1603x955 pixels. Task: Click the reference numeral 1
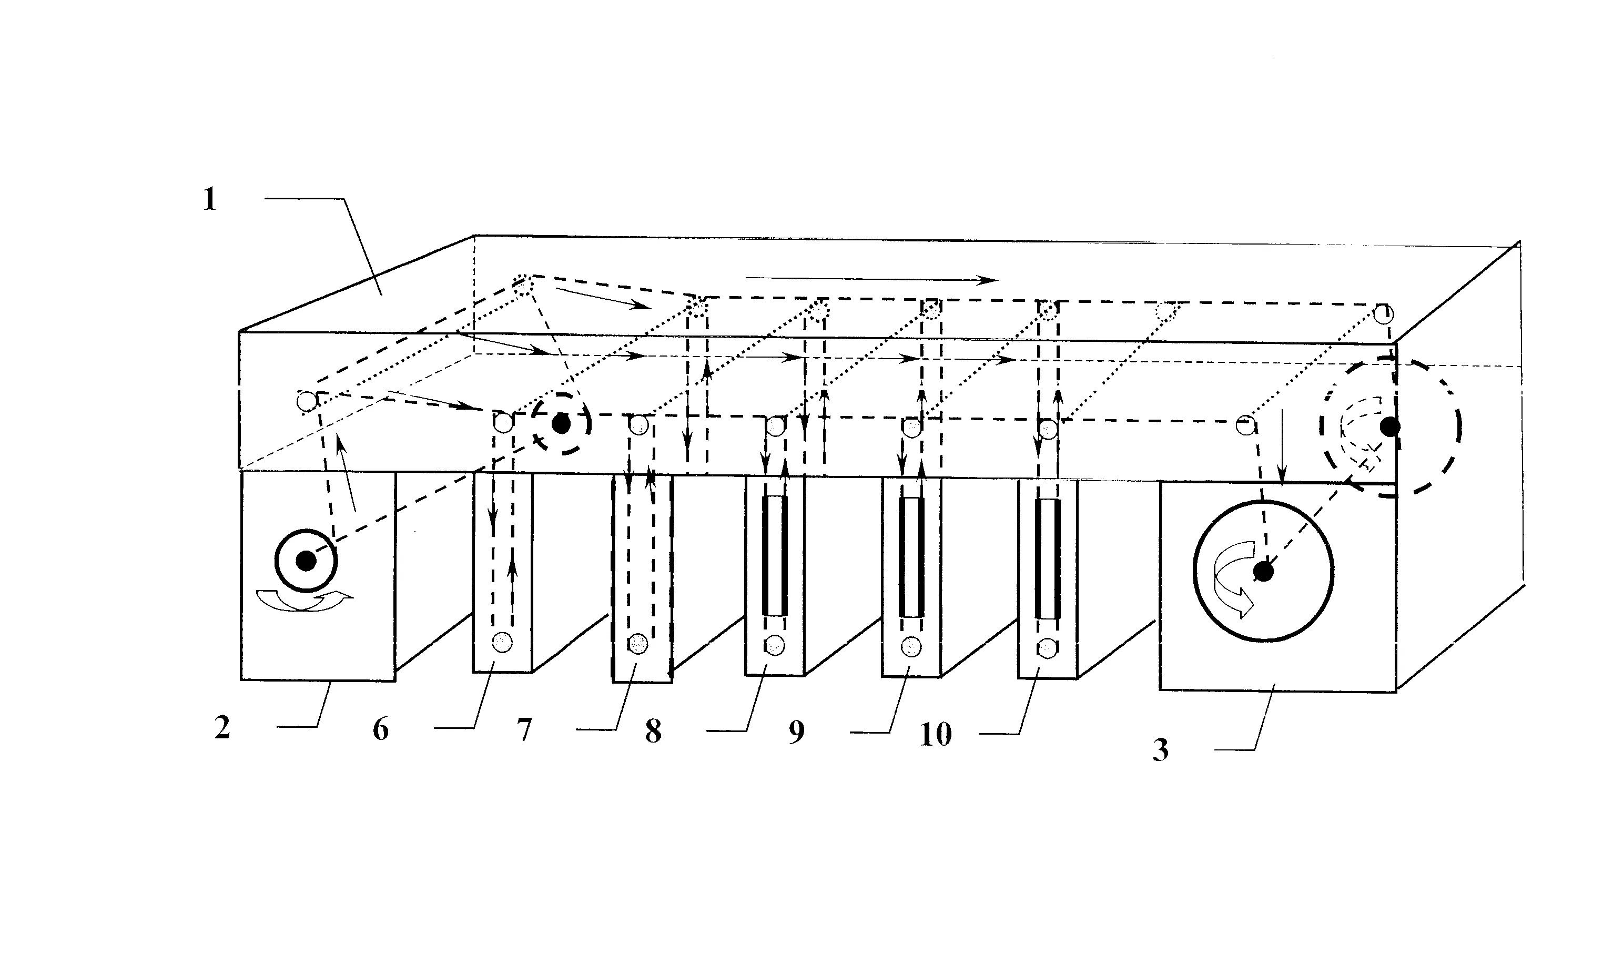(210, 199)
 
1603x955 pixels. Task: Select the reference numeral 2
(222, 728)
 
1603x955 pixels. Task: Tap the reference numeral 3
(1160, 750)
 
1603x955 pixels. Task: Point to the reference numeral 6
(381, 729)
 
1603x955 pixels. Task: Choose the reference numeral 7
(524, 730)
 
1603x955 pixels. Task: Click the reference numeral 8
(653, 731)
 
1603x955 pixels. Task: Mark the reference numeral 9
(797, 732)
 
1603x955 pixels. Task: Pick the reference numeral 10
(936, 734)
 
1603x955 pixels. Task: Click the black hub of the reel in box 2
(306, 561)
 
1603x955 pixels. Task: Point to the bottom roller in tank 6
(503, 642)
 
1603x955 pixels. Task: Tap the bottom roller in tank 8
(775, 645)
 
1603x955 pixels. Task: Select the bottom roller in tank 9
(911, 646)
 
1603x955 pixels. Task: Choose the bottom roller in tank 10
(1048, 647)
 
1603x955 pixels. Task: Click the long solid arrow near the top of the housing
(871, 279)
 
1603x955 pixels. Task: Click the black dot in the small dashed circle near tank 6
(561, 424)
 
